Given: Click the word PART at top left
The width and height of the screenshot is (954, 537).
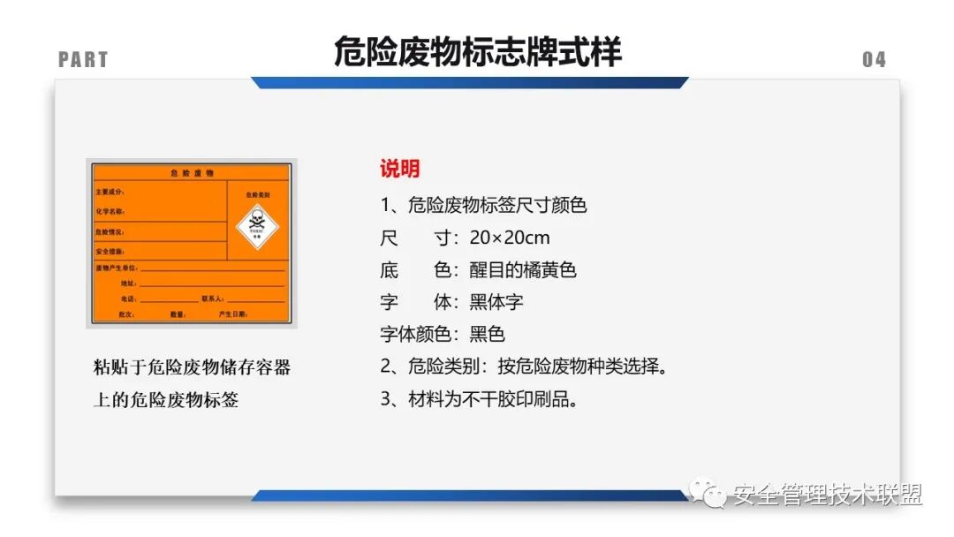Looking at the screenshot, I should [83, 60].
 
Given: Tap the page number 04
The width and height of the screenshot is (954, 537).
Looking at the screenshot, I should [874, 60].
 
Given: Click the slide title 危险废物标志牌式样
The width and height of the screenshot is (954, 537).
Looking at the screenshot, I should [477, 52].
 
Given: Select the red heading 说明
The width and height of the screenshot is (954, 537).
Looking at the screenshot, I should [399, 169].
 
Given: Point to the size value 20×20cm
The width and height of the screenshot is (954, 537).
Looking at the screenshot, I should [510, 238].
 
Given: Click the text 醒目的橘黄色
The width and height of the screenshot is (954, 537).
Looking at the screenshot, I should [522, 269].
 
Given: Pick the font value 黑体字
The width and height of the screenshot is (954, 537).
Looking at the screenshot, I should [496, 301].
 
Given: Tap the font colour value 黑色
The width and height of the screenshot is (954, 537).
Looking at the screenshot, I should [487, 334].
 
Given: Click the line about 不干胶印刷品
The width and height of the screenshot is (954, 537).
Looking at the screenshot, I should [480, 398].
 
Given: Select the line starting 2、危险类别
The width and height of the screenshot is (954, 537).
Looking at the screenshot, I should [523, 366].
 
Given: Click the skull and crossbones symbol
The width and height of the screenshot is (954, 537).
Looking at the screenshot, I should [256, 219].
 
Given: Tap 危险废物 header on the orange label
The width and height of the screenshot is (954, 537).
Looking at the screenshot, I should [192, 173].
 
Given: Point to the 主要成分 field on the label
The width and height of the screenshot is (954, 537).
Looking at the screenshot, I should [110, 192].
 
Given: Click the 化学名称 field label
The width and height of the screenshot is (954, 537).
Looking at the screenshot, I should [110, 212].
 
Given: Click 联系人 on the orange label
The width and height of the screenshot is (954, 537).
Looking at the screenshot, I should [213, 299].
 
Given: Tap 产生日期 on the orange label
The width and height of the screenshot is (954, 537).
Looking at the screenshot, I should [234, 314].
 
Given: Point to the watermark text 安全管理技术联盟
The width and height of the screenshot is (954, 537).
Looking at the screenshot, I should [828, 495].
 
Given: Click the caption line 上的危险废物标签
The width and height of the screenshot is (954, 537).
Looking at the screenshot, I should [166, 399].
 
